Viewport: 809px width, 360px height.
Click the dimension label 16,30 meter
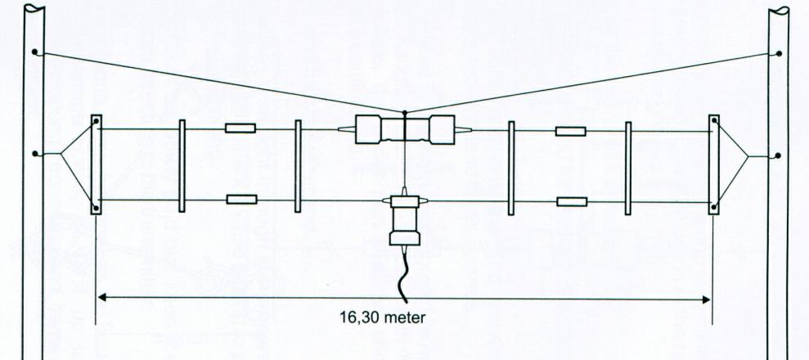(383, 317)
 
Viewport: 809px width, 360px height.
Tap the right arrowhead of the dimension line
(706, 299)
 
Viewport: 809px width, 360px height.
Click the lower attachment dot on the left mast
(34, 154)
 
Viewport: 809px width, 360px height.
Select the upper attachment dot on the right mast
(778, 54)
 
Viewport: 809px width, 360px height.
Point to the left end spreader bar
(96, 164)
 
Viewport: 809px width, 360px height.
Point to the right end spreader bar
(713, 164)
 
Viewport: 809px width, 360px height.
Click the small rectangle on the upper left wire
(240, 128)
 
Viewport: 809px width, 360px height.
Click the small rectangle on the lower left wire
(241, 199)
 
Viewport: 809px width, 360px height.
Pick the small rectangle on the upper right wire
(570, 131)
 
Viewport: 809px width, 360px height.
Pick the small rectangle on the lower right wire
(571, 201)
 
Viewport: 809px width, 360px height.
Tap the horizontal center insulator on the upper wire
(404, 129)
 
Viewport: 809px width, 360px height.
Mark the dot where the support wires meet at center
(405, 112)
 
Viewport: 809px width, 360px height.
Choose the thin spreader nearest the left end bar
(182, 164)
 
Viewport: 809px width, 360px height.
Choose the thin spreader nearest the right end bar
(628, 168)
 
